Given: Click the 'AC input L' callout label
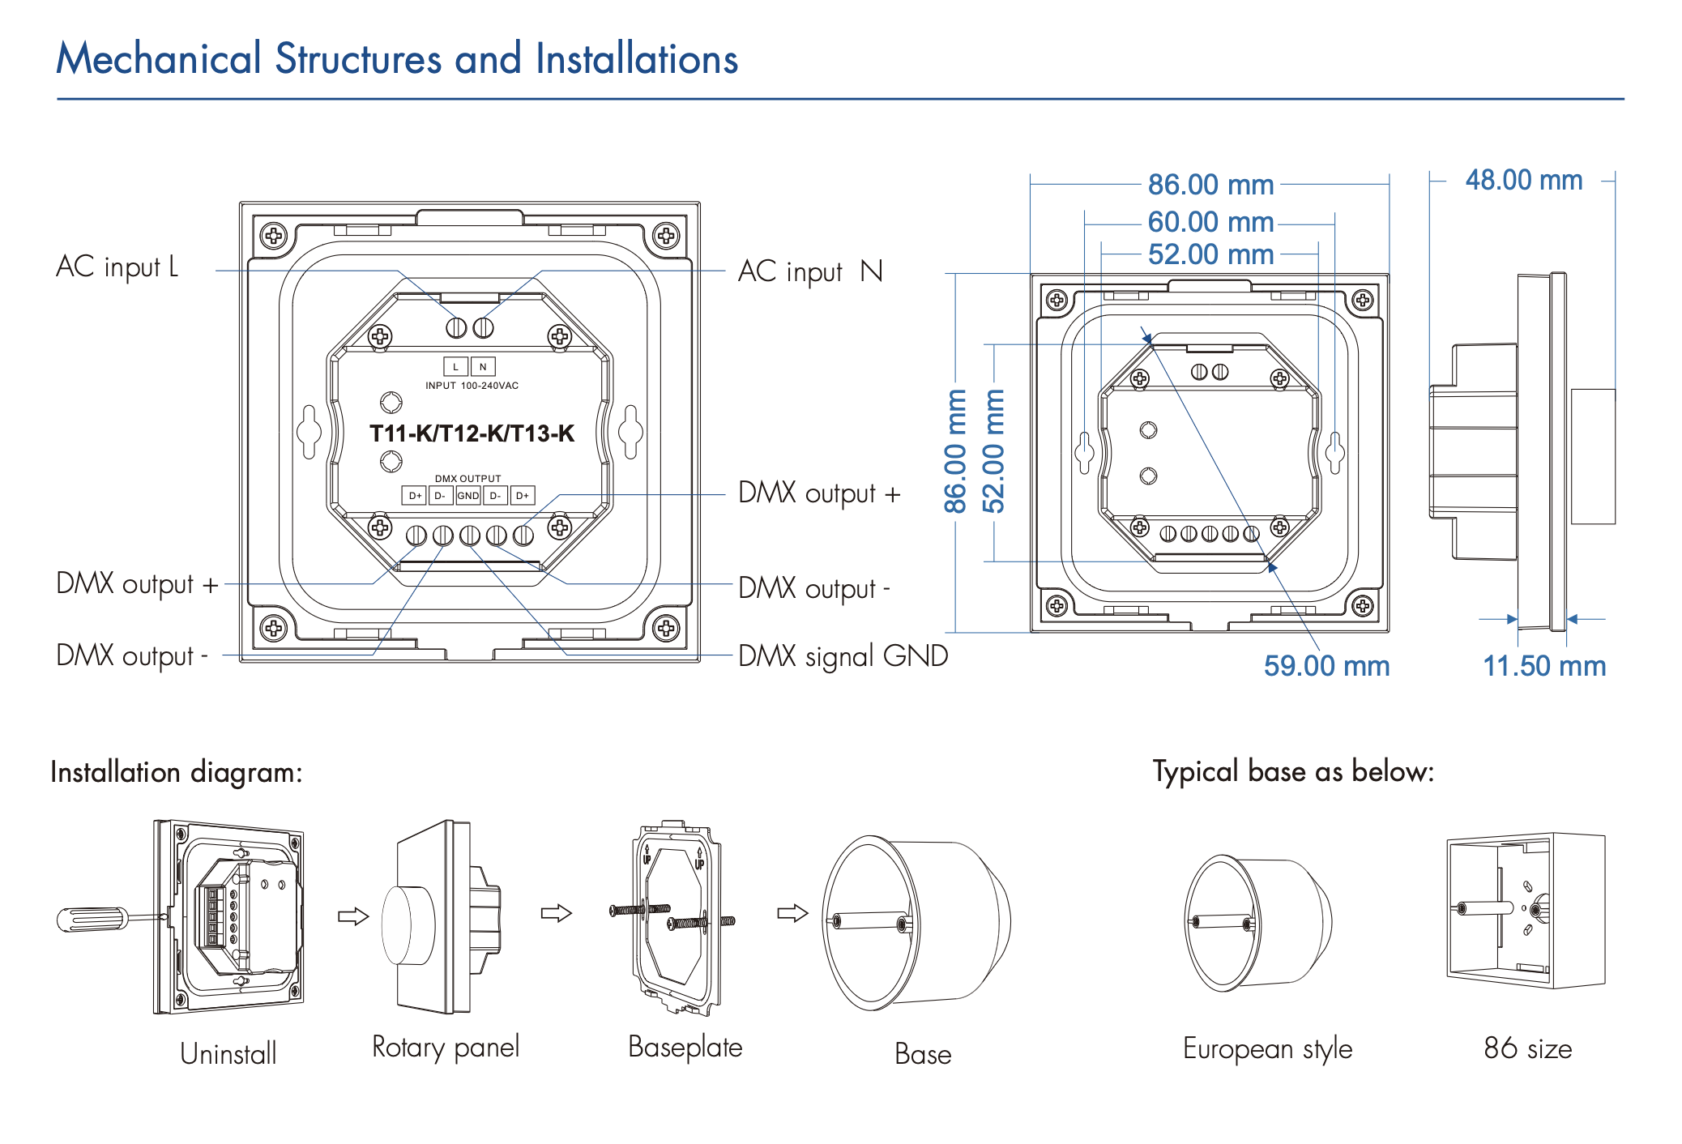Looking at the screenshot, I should [x=117, y=267].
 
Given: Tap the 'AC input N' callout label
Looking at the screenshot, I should [x=809, y=271].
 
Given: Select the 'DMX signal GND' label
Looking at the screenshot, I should [x=843, y=655].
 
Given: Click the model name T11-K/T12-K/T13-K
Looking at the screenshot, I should [x=472, y=433].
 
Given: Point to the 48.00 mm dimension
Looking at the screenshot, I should [x=1523, y=180].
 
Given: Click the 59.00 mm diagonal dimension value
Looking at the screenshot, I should [x=1326, y=666].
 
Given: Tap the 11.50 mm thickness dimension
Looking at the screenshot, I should [x=1543, y=666].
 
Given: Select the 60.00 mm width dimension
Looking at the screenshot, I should [x=1210, y=222].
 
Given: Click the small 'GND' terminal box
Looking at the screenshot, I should [x=468, y=496].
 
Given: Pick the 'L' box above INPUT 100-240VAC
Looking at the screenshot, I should [x=455, y=367].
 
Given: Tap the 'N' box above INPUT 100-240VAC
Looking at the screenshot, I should [x=483, y=367].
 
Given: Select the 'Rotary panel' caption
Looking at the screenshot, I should [x=445, y=1047].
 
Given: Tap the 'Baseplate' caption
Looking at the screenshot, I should [x=685, y=1047].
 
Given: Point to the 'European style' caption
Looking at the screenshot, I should [x=1267, y=1048].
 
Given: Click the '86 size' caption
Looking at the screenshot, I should [x=1527, y=1048].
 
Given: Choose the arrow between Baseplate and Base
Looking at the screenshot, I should [x=792, y=913].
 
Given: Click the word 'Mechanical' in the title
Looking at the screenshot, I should [x=159, y=59].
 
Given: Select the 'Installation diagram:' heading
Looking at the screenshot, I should [x=177, y=772].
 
